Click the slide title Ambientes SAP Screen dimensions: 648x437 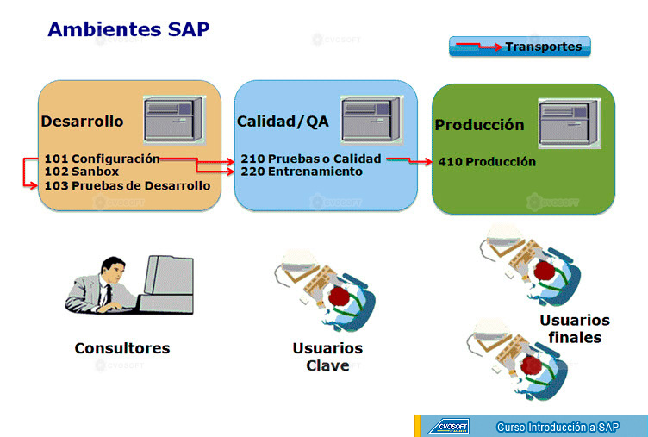click(128, 29)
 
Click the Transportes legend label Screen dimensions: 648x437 click(544, 47)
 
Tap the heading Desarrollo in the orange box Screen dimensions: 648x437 click(82, 122)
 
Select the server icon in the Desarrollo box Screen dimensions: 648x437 click(174, 121)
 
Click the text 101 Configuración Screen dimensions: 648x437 click(102, 159)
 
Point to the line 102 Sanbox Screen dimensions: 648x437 click(82, 172)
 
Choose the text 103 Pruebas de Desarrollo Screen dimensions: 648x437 click(128, 185)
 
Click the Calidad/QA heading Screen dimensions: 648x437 click(283, 122)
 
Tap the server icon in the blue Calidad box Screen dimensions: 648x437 click(371, 121)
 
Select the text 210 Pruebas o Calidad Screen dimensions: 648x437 click(311, 159)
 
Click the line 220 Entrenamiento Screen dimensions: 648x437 click(302, 172)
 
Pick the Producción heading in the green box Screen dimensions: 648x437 click(479, 125)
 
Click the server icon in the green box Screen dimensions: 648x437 click(570, 123)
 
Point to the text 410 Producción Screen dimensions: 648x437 click(487, 162)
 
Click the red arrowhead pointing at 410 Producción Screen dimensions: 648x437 click(427, 162)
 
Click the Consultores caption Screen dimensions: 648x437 click(122, 348)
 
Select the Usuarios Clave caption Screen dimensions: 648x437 click(327, 357)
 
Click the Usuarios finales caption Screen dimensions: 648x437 click(575, 328)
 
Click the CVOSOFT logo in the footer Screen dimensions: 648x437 click(449, 427)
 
